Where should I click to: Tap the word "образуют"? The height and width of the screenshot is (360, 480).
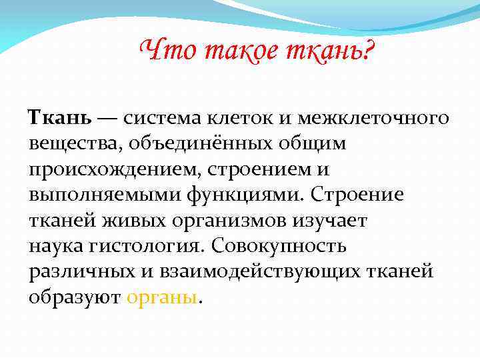[73, 297]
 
